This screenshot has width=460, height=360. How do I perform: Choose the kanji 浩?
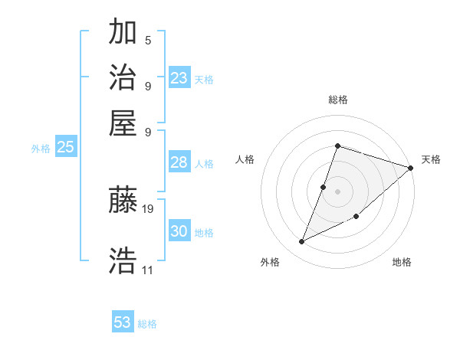tap(123, 260)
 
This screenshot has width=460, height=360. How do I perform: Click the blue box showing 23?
tap(179, 78)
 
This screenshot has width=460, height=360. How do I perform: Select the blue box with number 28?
tap(179, 162)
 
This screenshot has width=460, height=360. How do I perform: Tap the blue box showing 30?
tap(179, 231)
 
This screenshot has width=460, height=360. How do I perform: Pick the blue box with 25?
tap(65, 148)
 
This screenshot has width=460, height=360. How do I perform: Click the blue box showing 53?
tap(123, 322)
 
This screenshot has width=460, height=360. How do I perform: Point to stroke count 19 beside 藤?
tap(148, 208)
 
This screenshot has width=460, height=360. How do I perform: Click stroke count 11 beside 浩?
tap(148, 270)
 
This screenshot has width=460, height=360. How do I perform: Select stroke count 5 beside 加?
tap(148, 41)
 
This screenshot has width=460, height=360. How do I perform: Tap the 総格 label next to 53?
tap(147, 324)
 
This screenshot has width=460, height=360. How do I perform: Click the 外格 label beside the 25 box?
tap(40, 149)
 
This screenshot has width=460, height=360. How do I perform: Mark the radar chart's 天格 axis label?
tap(431, 159)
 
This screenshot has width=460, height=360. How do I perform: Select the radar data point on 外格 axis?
tap(301, 242)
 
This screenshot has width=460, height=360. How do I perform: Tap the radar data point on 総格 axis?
tap(337, 146)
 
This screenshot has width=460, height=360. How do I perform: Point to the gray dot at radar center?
tap(337, 191)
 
